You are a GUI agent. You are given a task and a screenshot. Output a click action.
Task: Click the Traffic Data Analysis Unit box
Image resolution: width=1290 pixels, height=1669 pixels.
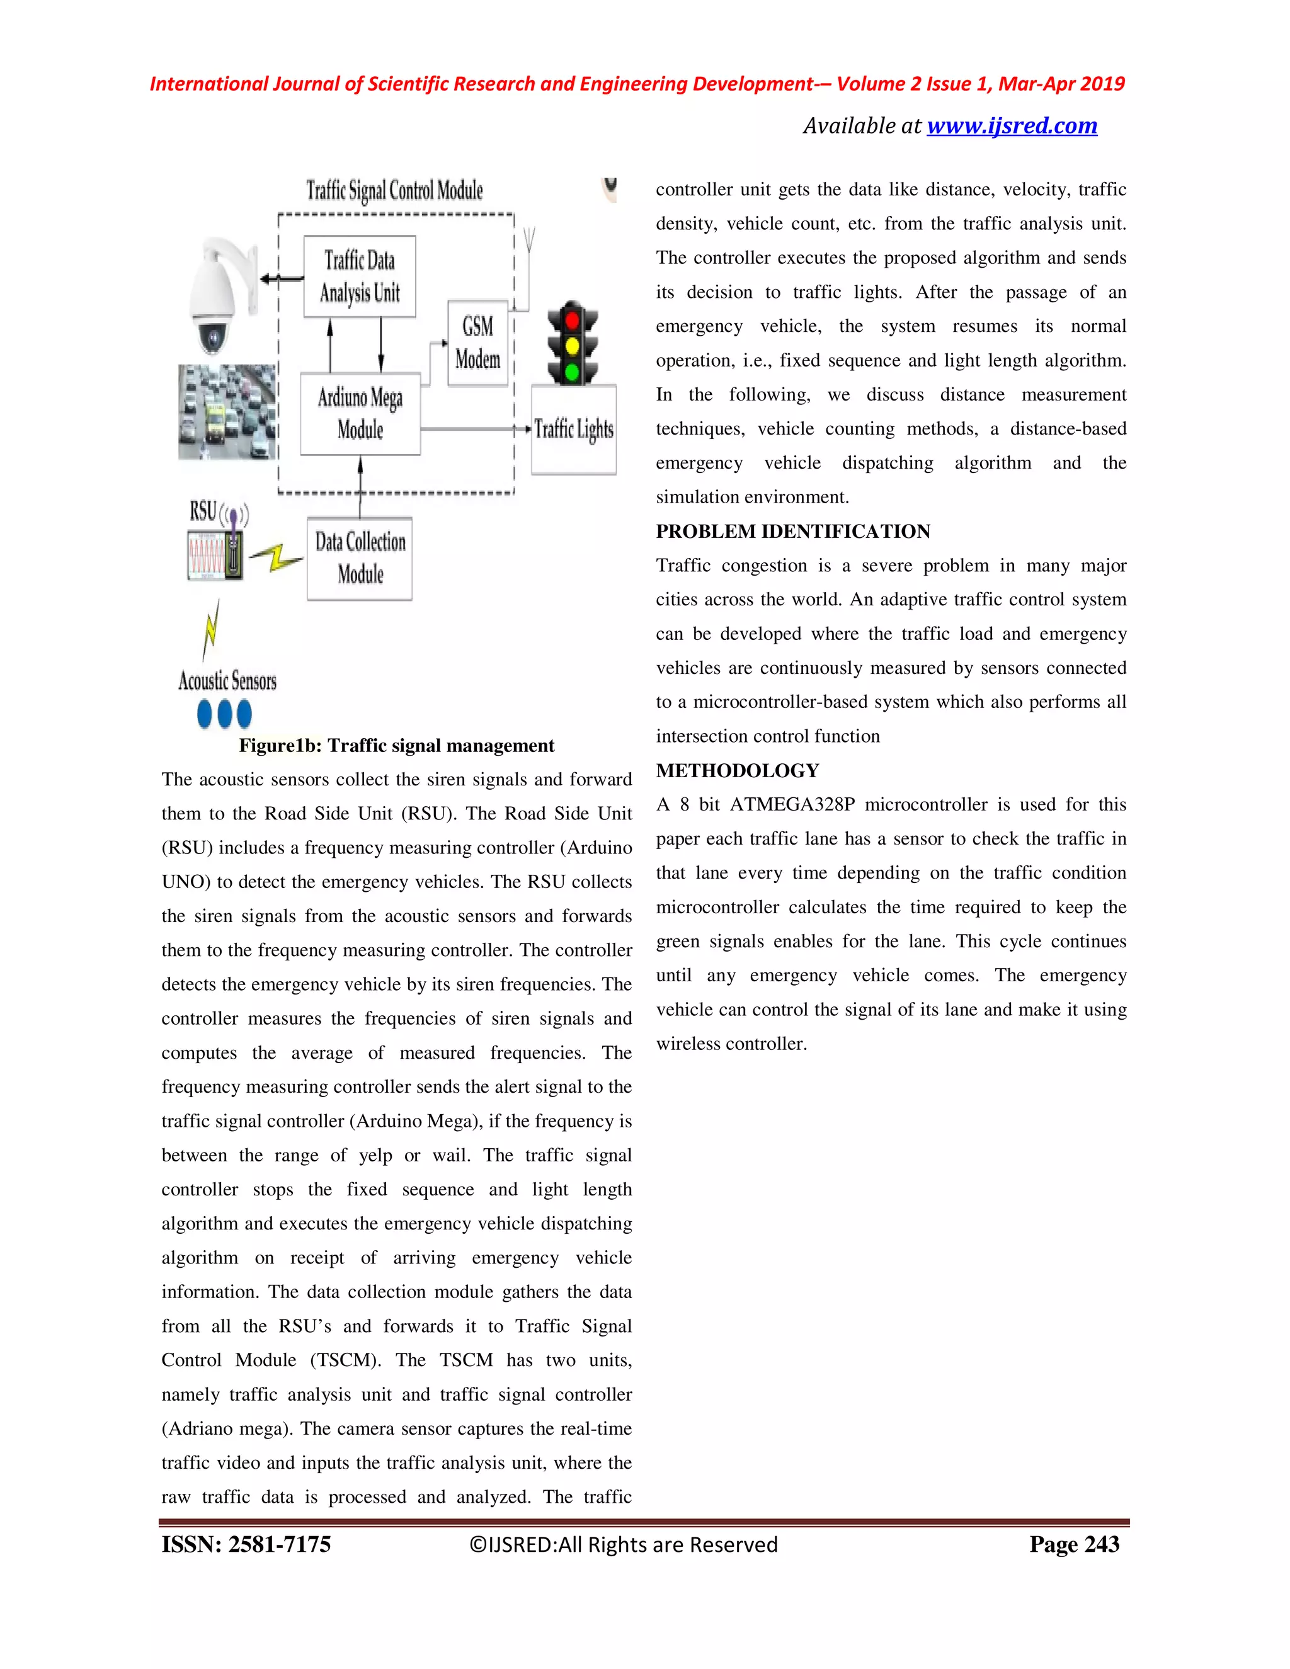coord(359,276)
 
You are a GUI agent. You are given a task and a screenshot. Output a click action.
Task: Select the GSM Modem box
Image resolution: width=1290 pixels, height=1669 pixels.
coord(477,343)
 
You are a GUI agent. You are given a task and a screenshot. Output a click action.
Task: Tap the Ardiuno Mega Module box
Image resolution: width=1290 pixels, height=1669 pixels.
coord(360,413)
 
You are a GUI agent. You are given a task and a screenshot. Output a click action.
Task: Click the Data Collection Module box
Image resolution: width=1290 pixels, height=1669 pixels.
coord(360,559)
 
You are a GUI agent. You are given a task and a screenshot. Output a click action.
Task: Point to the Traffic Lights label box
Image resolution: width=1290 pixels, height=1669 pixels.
coord(573,429)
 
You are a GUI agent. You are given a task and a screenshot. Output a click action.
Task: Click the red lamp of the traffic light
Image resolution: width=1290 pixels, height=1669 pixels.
coord(572,319)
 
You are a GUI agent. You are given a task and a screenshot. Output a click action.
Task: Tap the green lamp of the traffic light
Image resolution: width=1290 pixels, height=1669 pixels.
coord(572,372)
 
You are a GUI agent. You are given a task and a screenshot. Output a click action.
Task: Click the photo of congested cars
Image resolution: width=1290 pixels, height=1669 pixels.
coord(226,412)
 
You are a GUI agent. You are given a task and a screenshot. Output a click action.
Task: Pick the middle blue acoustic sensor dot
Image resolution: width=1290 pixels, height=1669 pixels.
coord(224,714)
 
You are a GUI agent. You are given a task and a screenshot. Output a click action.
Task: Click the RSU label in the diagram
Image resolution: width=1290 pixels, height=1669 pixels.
coord(203,511)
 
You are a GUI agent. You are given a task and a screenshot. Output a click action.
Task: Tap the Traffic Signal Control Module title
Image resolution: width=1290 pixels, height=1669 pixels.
coord(394,190)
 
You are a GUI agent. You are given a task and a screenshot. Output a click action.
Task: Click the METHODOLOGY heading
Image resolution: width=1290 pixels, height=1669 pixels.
coord(737,770)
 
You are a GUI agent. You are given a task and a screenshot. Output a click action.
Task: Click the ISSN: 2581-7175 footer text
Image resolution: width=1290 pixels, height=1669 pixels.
coord(246,1544)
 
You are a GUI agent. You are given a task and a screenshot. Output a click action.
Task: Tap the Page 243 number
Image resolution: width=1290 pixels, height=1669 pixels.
coord(1074,1544)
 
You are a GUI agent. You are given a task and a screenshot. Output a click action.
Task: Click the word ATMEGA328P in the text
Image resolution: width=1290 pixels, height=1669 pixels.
coord(792,805)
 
